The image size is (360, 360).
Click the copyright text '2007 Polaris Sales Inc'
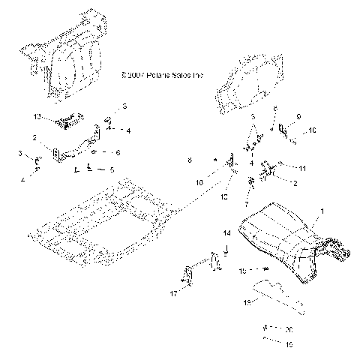tap(166, 76)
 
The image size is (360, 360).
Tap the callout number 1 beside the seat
tap(323, 214)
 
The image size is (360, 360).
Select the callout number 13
tap(37, 118)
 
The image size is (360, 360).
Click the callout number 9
tap(298, 116)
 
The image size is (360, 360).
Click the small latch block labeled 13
tap(71, 118)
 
